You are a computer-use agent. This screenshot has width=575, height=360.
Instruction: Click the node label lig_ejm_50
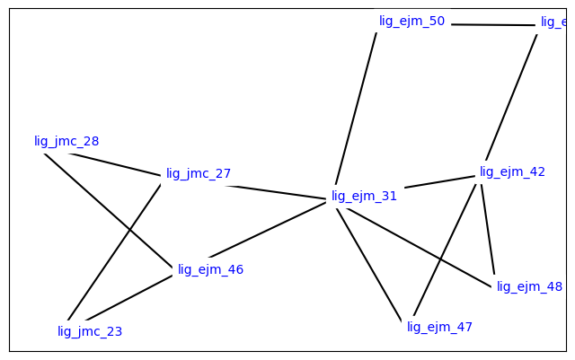[411, 21]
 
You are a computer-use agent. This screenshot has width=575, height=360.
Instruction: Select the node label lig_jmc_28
[66, 141]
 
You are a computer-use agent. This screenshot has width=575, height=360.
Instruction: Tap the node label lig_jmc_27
[199, 173]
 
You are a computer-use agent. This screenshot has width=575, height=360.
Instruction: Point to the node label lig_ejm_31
[364, 196]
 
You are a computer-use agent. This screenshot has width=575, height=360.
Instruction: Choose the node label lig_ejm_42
[512, 171]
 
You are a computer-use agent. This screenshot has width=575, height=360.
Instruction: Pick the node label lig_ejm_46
[210, 269]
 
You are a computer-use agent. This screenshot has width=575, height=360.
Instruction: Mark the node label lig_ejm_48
[529, 286]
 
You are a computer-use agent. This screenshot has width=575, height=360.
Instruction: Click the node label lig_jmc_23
[90, 331]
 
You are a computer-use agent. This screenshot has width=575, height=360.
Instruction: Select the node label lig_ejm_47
[439, 327]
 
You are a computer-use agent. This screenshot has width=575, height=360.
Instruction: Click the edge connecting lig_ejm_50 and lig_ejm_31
[356, 108]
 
